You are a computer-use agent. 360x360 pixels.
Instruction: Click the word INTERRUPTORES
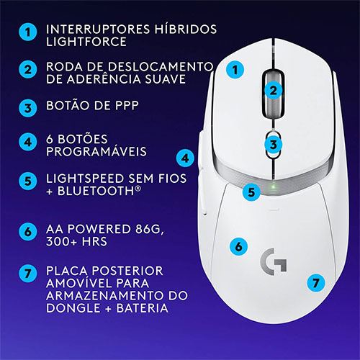click(98, 30)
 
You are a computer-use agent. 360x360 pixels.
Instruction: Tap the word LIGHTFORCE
click(86, 42)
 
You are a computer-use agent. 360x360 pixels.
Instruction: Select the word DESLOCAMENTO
click(161, 67)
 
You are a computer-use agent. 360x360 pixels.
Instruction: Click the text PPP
click(127, 105)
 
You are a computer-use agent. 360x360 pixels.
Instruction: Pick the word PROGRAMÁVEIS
click(96, 151)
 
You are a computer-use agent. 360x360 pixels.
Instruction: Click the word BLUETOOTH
click(96, 191)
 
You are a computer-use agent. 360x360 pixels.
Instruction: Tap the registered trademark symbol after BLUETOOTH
click(138, 188)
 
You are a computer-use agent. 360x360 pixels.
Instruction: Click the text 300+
click(61, 241)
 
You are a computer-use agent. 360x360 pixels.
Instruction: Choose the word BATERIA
click(143, 308)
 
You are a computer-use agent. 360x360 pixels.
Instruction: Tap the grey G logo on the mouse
click(274, 262)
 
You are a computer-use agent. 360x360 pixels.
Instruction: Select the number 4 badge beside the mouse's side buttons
click(185, 158)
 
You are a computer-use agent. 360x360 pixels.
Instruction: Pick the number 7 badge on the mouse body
click(316, 283)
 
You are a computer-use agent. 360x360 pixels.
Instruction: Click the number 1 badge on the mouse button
click(235, 70)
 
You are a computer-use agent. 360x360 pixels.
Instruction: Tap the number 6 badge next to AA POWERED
click(28, 232)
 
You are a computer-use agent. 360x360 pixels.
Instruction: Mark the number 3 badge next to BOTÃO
click(28, 108)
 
